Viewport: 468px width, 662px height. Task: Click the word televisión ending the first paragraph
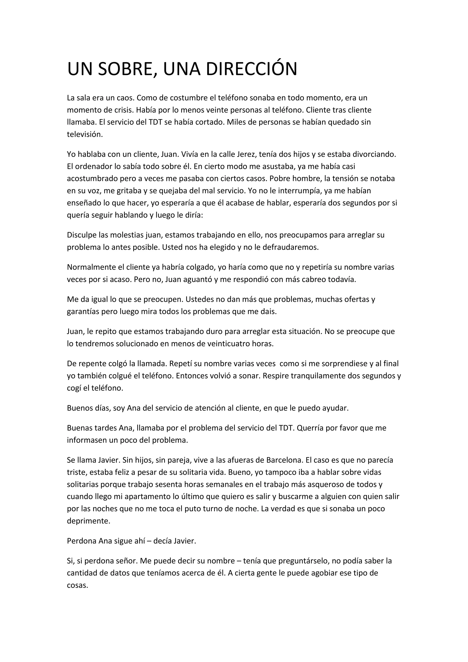[x=85, y=134]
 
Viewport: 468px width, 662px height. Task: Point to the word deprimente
[x=88, y=521]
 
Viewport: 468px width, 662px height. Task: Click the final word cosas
[x=77, y=585]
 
